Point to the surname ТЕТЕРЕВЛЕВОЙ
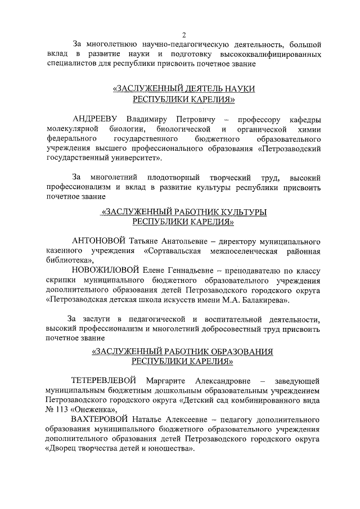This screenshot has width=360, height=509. (x=105, y=380)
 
